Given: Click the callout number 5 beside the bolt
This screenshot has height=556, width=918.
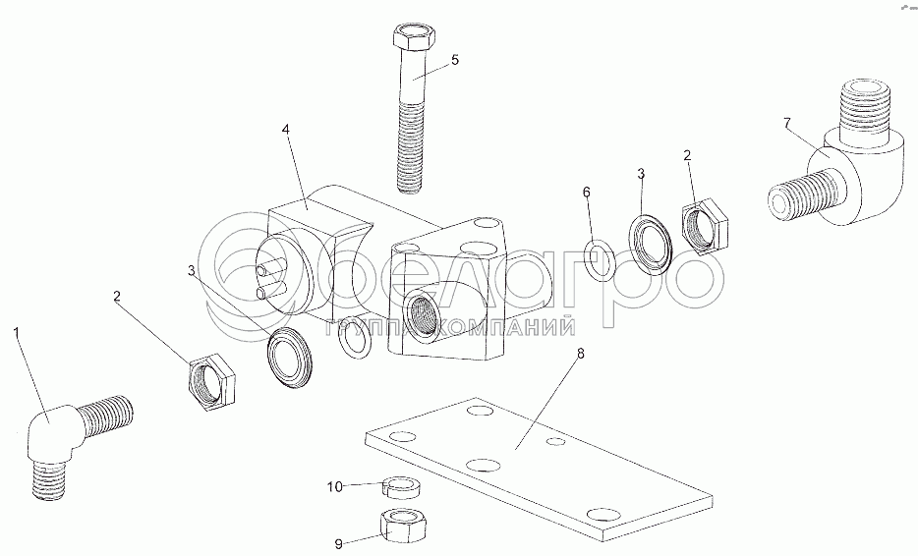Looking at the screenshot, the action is point(455,60).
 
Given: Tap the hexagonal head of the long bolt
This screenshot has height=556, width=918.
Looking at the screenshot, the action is point(412,38).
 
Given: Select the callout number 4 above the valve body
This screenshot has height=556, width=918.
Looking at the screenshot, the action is point(286,130).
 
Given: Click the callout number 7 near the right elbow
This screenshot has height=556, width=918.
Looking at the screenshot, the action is point(787,123).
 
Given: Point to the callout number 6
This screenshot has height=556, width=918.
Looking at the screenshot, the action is point(587,192).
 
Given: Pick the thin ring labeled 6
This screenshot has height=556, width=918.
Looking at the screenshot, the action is point(601,261).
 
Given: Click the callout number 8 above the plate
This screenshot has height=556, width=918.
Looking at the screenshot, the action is point(580,354).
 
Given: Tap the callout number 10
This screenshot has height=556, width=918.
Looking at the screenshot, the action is point(335,486).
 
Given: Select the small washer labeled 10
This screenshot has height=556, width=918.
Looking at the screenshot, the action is point(402,487).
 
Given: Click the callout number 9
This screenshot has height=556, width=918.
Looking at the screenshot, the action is point(338,544).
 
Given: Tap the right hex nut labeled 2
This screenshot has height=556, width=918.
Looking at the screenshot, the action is point(705,226).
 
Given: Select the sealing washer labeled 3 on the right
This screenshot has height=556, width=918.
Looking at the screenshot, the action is point(651,244).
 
